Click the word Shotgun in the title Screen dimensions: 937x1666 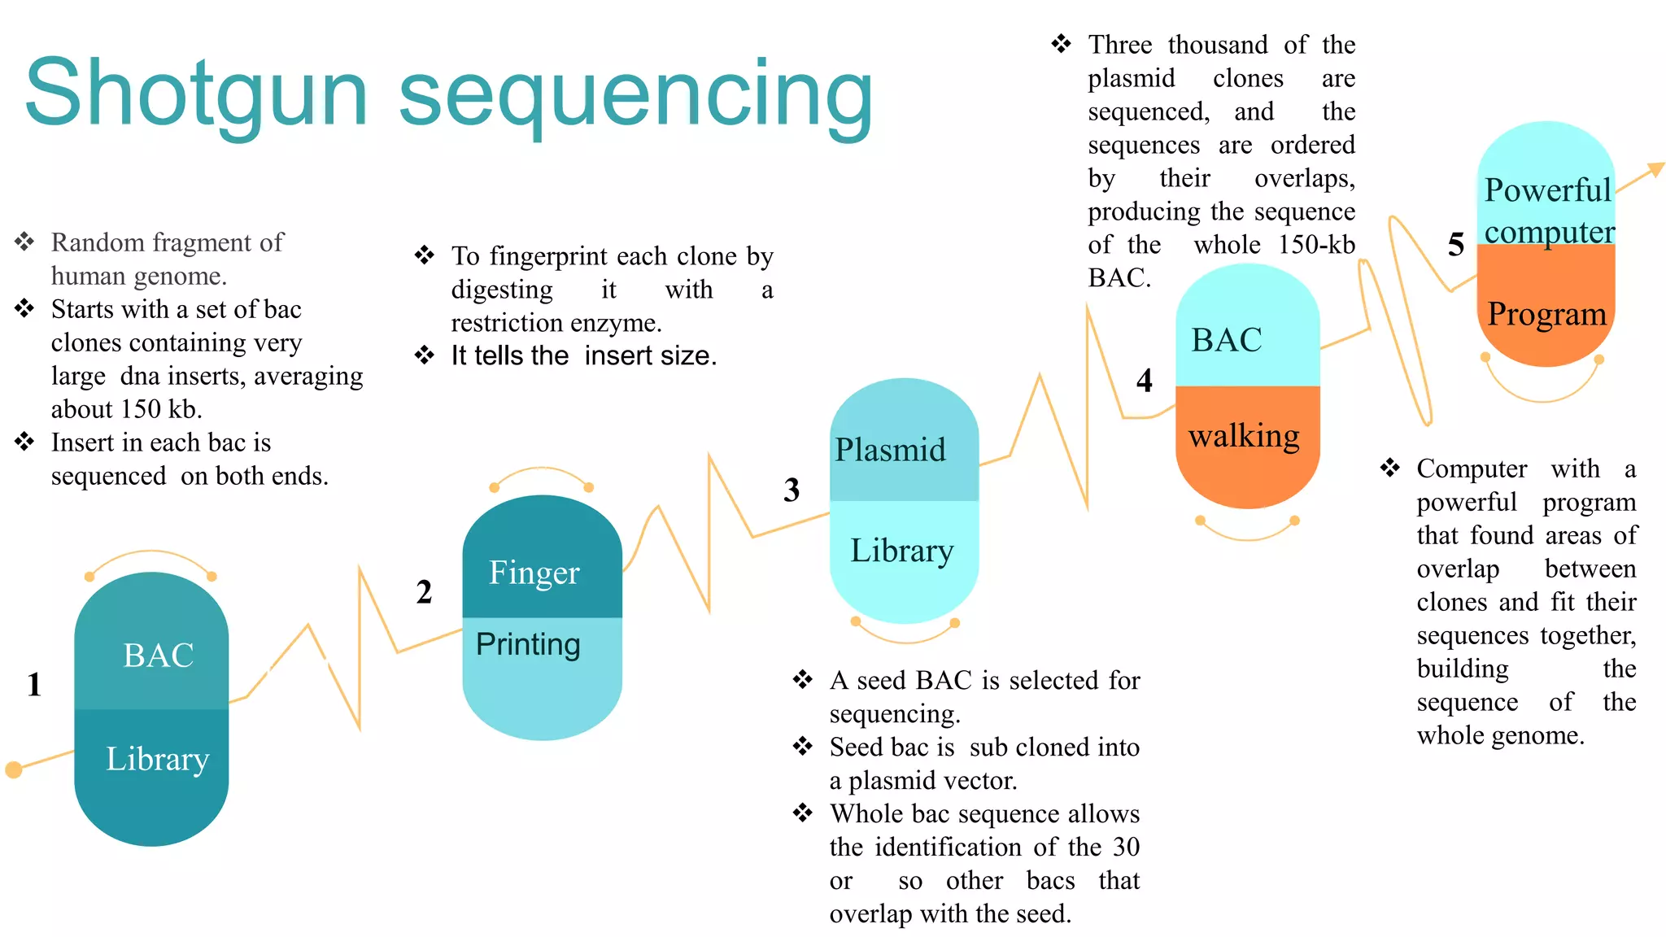pyautogui.click(x=195, y=94)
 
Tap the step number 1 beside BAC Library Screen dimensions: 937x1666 pyautogui.click(x=33, y=685)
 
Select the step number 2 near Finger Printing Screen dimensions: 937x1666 pyautogui.click(x=424, y=592)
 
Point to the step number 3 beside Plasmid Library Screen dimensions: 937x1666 pyautogui.click(x=792, y=490)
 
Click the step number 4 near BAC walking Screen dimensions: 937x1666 pyautogui.click(x=1144, y=381)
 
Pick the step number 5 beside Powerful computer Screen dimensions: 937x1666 pyautogui.click(x=1456, y=244)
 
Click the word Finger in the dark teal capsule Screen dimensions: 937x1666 pyautogui.click(x=534, y=573)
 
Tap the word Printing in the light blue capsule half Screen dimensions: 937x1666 pyautogui.click(x=528, y=644)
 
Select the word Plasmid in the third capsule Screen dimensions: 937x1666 pyautogui.click(x=890, y=450)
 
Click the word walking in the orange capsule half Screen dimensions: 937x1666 pyautogui.click(x=1244, y=436)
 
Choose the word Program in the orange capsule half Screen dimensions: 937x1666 pyautogui.click(x=1546, y=314)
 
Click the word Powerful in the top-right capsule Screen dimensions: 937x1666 pyautogui.click(x=1547, y=190)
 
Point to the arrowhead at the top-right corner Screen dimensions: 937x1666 pyautogui.click(x=1655, y=170)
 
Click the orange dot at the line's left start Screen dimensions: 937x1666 pyautogui.click(x=13, y=769)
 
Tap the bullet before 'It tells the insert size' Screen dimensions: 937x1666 pyautogui.click(x=425, y=355)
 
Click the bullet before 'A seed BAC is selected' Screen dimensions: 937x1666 pyautogui.click(x=803, y=679)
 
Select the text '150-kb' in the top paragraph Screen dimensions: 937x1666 pyautogui.click(x=1315, y=245)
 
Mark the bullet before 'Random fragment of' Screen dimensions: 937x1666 pyautogui.click(x=24, y=242)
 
